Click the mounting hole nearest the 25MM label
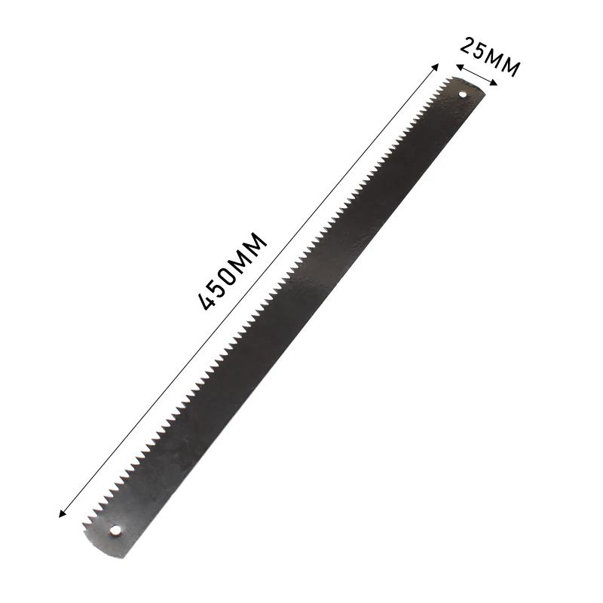(463, 93)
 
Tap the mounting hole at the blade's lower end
(115, 531)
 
